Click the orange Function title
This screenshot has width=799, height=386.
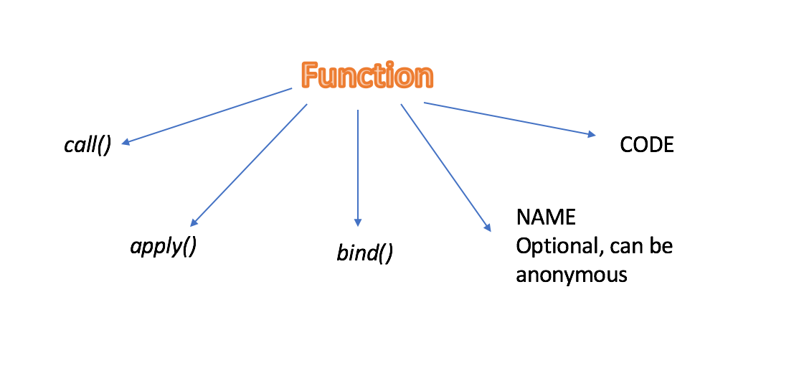(367, 75)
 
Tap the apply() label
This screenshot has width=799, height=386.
(164, 246)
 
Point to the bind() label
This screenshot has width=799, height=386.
(365, 253)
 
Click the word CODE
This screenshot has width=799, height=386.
(647, 145)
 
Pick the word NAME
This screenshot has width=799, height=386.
(546, 217)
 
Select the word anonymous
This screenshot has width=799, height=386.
(572, 274)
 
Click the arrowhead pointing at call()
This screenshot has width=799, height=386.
(126, 143)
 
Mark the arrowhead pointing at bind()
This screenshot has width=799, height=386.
(358, 223)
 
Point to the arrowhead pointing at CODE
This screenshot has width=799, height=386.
(592, 133)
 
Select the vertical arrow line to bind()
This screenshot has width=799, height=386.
(358, 165)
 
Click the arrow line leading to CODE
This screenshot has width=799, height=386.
(509, 118)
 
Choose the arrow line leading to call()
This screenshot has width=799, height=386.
(208, 116)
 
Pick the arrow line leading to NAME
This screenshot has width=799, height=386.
(445, 167)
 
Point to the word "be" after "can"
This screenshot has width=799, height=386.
(660, 246)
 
